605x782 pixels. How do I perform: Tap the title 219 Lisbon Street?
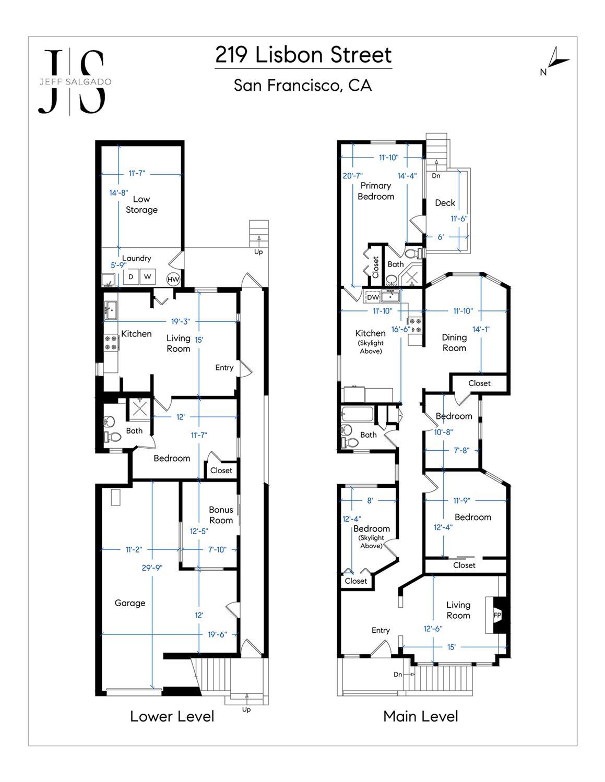coord(303,55)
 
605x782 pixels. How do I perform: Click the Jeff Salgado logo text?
coord(75,82)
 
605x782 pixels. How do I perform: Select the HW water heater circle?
coord(173,279)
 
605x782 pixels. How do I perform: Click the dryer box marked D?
coord(131,276)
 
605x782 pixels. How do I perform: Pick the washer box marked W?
coord(148,276)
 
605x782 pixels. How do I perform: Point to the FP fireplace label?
coord(497,615)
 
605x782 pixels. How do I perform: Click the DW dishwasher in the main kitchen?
coord(373,297)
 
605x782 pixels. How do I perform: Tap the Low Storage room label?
coord(141,204)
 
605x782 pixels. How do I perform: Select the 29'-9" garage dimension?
coord(152,568)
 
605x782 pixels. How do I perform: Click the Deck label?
coord(445,202)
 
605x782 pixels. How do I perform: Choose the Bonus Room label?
coord(221,514)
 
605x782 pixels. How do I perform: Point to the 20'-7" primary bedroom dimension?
coord(352,176)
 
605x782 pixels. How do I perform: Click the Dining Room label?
coord(455,343)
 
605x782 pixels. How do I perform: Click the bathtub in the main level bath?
coord(357,414)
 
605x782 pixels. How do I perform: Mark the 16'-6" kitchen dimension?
coord(400,329)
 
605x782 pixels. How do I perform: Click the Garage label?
coord(130,603)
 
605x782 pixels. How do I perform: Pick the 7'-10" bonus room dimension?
coord(217,549)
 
